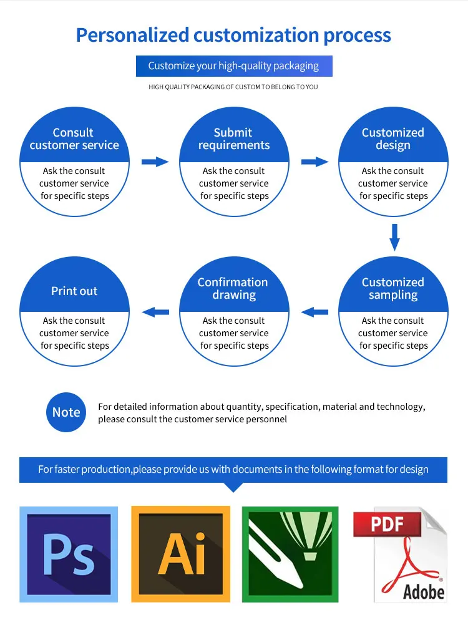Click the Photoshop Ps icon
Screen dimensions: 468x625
(x=69, y=554)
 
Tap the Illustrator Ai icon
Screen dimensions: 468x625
(x=180, y=554)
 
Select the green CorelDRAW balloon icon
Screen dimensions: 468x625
(x=290, y=554)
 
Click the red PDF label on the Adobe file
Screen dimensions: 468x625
(x=387, y=524)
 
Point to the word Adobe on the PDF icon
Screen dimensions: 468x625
(x=424, y=592)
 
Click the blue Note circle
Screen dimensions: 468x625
(x=66, y=412)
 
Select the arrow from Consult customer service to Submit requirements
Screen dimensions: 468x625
(x=155, y=162)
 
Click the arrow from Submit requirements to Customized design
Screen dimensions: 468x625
(x=314, y=162)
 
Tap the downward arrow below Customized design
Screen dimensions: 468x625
(x=394, y=237)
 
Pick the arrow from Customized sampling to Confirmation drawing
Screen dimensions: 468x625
(x=314, y=312)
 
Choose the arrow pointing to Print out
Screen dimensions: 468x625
(x=155, y=312)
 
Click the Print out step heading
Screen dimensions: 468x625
(x=74, y=291)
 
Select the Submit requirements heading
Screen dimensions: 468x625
(x=234, y=138)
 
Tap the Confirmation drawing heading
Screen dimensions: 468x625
(x=233, y=288)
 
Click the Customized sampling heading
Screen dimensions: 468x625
(x=393, y=288)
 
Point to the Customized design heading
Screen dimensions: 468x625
(x=393, y=138)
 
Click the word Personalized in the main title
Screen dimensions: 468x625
(x=132, y=35)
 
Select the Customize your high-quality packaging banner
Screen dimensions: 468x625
(x=234, y=65)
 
